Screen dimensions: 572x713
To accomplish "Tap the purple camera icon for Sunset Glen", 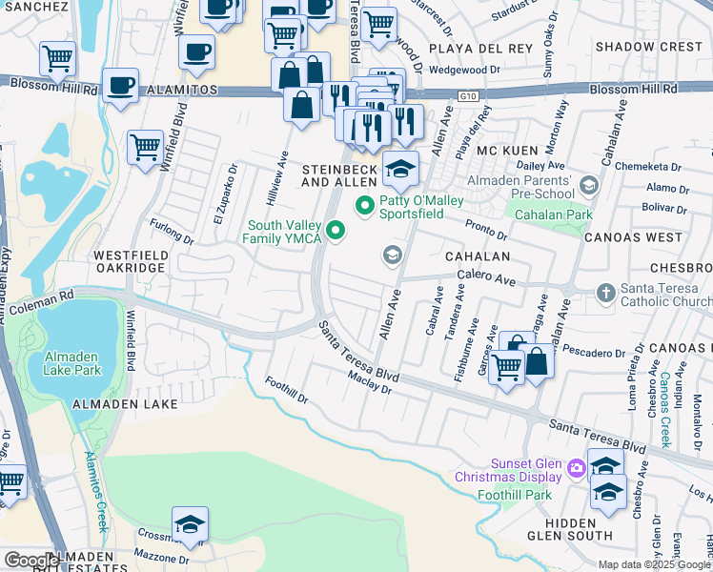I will pos(576,468).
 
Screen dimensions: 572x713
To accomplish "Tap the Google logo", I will pos(31,561).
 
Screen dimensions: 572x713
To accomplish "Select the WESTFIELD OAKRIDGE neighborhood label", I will pos(131,262).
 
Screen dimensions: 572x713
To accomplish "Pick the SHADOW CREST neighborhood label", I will pos(648,47).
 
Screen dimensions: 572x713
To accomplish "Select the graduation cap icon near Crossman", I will pos(190,524).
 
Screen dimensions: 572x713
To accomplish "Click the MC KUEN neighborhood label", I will pos(501,152).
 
